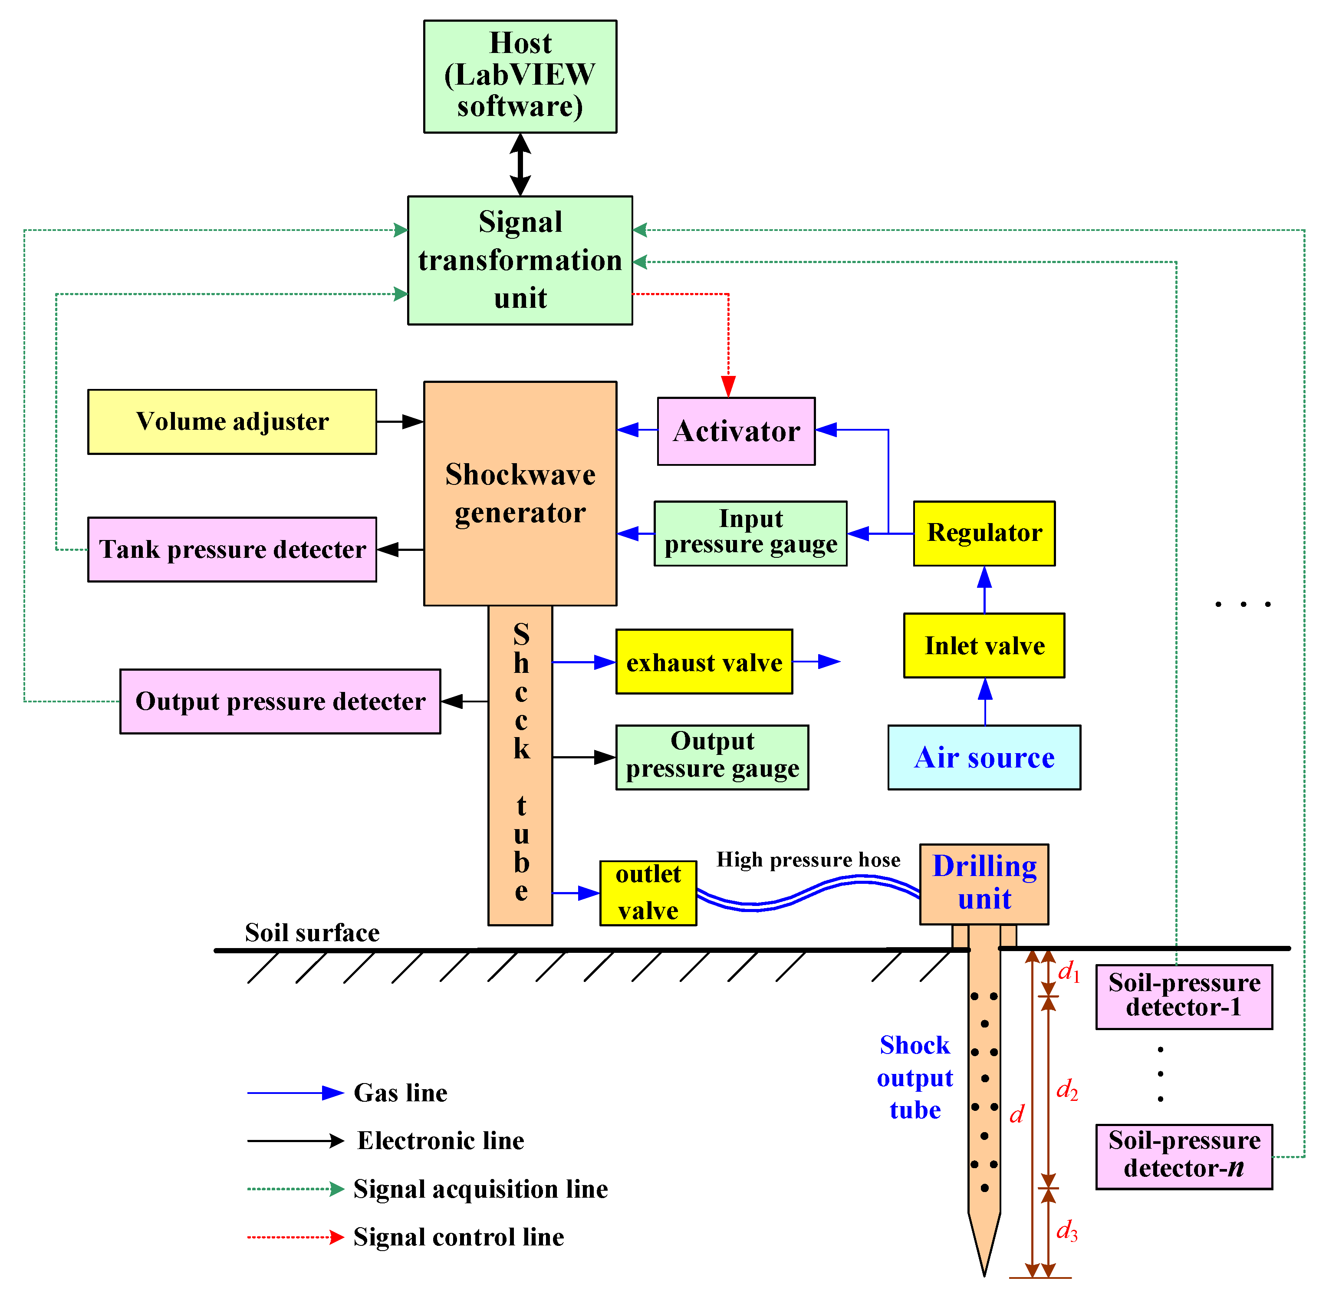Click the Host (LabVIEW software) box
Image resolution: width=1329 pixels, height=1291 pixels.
[520, 76]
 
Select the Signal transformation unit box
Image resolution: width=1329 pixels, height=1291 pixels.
[520, 260]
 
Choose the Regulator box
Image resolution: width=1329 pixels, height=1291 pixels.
[984, 533]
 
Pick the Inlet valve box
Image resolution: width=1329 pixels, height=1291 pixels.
[984, 645]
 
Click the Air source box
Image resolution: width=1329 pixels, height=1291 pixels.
[984, 757]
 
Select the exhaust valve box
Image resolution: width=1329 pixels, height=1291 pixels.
[704, 662]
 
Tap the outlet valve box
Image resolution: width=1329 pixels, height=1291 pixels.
[648, 893]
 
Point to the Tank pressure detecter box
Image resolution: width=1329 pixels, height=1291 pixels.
[232, 549]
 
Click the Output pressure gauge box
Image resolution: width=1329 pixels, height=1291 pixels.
[712, 757]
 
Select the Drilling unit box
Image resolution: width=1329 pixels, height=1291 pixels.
[984, 883]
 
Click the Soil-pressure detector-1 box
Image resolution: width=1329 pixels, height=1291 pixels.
[1184, 996]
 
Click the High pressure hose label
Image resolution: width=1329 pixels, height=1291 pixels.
[808, 860]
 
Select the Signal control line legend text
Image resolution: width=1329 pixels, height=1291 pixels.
[458, 1237]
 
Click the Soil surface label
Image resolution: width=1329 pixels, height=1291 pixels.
[312, 933]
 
